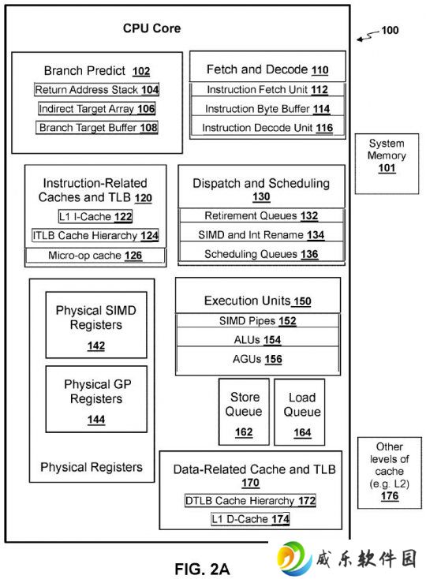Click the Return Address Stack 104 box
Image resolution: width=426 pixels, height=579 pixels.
point(97,90)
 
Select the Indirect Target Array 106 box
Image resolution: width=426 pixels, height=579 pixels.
point(97,109)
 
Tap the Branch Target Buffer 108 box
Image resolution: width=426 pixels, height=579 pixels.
point(97,127)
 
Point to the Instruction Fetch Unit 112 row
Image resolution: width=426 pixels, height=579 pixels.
point(267,90)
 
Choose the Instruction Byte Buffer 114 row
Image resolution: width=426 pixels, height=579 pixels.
point(267,109)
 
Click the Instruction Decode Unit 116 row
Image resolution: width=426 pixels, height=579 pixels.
point(267,128)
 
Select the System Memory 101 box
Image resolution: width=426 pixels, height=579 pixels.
point(387,163)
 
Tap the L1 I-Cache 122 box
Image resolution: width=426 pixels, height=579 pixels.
point(95,216)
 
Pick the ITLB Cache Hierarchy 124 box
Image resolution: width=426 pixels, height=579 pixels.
point(95,235)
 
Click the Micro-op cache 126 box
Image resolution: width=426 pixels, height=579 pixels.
point(95,256)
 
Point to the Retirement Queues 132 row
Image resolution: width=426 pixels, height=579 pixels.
point(261,215)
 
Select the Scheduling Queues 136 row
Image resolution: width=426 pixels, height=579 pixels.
point(261,254)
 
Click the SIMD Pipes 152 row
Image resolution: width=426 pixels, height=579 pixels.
point(258,321)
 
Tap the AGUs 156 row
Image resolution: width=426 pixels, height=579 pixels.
point(258,359)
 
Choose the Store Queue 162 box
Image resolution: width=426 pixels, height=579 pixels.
point(244,412)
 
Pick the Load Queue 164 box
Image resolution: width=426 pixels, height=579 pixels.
point(300,412)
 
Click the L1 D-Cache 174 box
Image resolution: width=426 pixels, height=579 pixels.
point(250,519)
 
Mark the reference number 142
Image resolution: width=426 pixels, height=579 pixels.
point(96,346)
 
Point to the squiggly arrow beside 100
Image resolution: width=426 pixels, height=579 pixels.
point(368,35)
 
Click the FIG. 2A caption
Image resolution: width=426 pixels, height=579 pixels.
point(202,569)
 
